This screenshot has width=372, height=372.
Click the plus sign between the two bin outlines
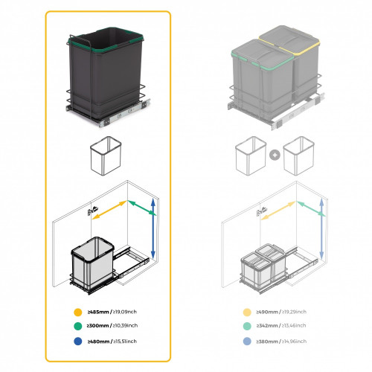[275, 155]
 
